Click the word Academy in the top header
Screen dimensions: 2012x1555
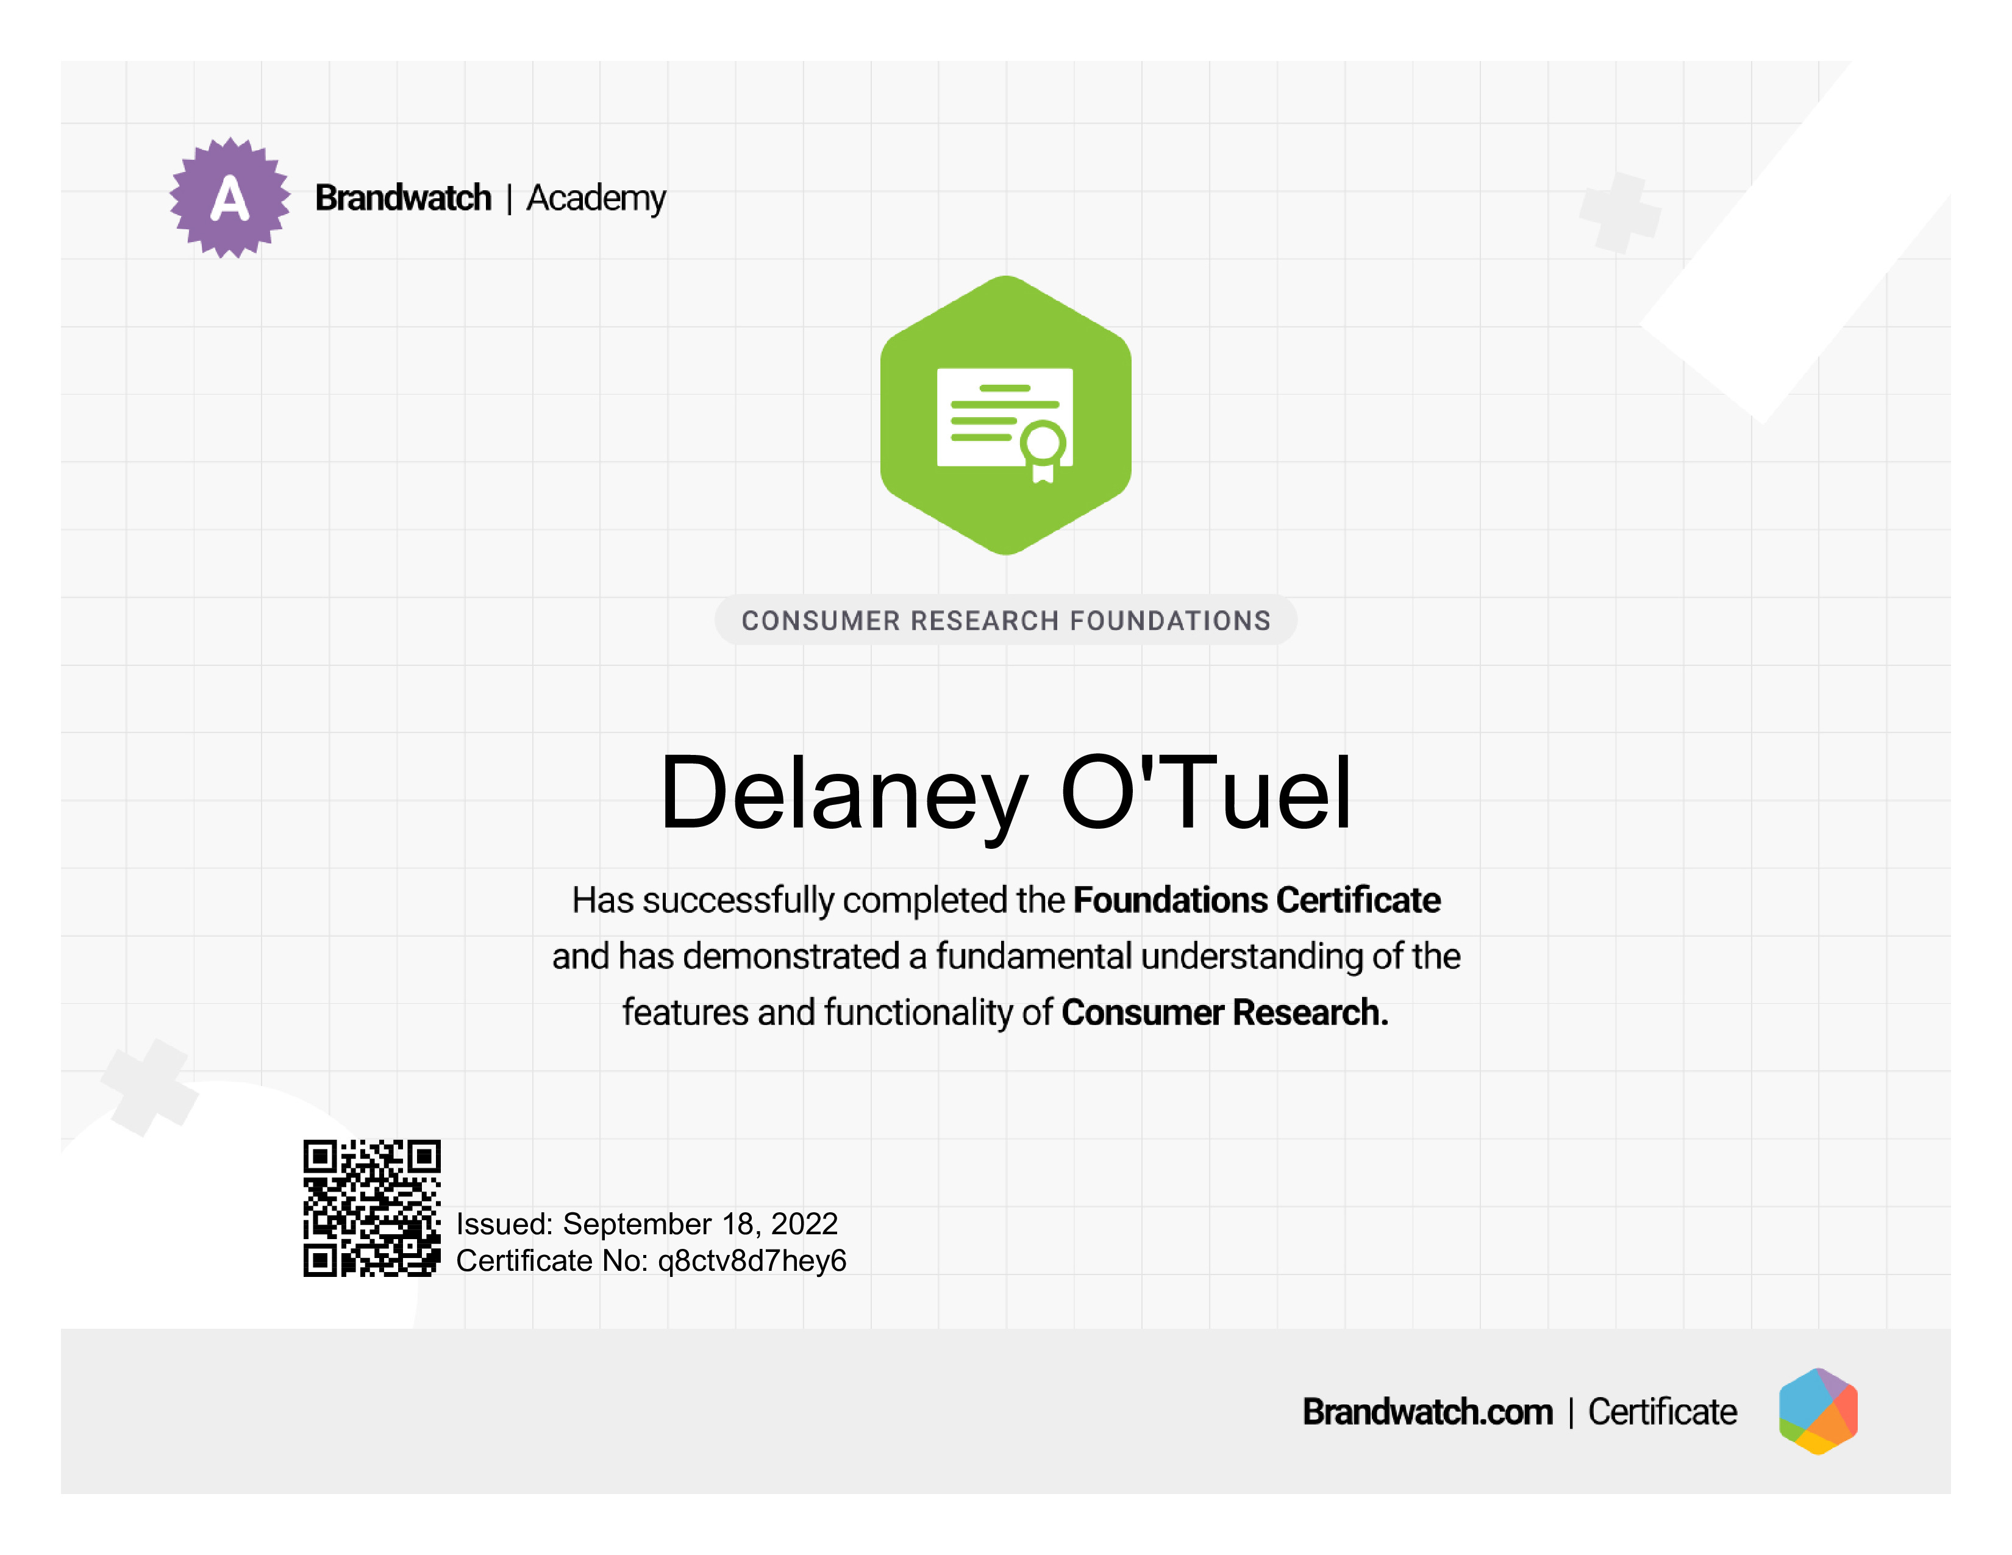(596, 199)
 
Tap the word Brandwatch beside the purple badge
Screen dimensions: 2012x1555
(404, 198)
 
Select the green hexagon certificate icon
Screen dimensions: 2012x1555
(1006, 415)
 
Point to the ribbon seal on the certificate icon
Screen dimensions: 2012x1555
(1044, 451)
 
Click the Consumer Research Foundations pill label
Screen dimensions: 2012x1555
(1006, 620)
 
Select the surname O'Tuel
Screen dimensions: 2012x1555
(1206, 792)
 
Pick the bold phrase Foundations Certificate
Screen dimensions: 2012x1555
(1257, 900)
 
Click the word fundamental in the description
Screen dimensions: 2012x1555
(1033, 956)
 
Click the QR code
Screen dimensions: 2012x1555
(372, 1207)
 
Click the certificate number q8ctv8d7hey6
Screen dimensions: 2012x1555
(752, 1261)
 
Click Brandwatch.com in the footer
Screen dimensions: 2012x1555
(1428, 1411)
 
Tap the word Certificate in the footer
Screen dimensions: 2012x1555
(1663, 1411)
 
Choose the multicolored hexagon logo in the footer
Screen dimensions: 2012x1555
(1819, 1411)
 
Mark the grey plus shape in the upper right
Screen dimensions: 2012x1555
(1621, 213)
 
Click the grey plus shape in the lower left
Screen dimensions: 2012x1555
(149, 1088)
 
